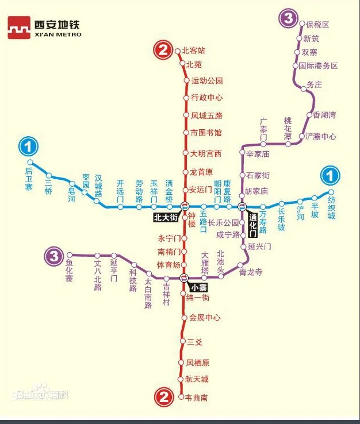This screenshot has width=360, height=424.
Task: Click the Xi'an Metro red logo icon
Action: pyautogui.click(x=18, y=27)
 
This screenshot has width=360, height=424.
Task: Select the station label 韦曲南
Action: pyautogui.click(x=197, y=398)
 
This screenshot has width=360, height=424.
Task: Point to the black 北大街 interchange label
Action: pyautogui.click(x=166, y=217)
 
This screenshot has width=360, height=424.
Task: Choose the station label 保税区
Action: pyautogui.click(x=317, y=25)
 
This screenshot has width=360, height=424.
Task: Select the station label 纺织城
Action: pyautogui.click(x=331, y=208)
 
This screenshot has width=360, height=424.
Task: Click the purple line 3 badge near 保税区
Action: pyautogui.click(x=287, y=18)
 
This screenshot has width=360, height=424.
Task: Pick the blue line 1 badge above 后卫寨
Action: pyautogui.click(x=28, y=147)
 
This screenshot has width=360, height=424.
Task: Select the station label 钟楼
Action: pyautogui.click(x=192, y=222)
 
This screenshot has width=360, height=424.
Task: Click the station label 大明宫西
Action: pyautogui.click(x=206, y=153)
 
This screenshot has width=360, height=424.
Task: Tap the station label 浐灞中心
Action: pyautogui.click(x=320, y=137)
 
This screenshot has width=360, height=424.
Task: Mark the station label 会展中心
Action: pyautogui.click(x=205, y=317)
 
